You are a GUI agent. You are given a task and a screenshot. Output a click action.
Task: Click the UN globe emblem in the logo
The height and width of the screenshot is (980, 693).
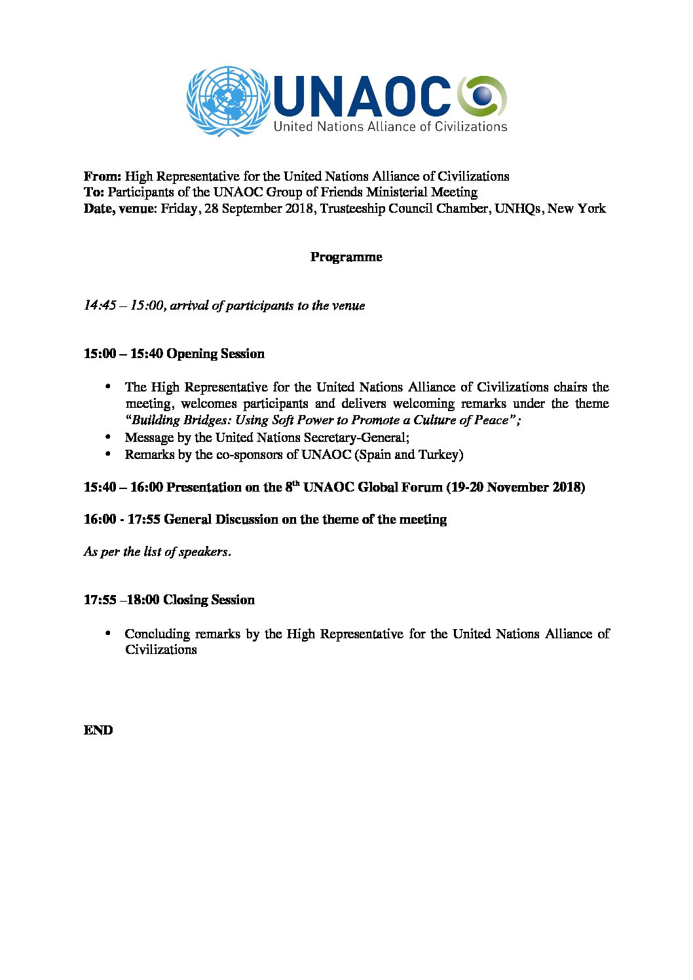(x=228, y=101)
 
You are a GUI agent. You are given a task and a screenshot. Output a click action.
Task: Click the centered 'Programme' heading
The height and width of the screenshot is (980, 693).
(x=346, y=257)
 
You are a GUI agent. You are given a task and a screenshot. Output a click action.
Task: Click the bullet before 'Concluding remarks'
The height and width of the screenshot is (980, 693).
(x=109, y=632)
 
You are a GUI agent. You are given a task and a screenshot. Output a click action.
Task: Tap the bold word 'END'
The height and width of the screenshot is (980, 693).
(x=98, y=730)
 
